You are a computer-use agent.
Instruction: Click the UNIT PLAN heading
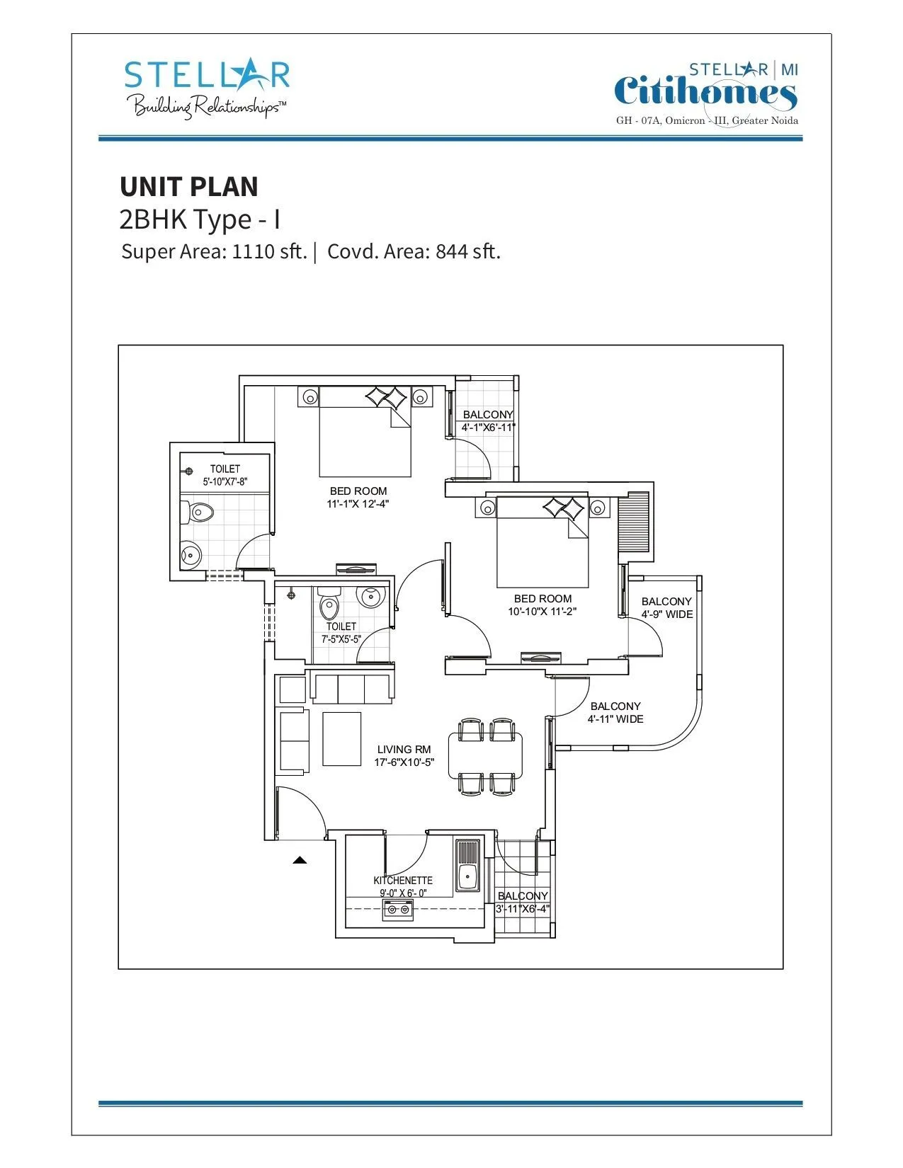[189, 187]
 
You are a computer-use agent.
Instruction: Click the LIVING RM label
[404, 750]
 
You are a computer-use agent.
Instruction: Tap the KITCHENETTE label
[403, 881]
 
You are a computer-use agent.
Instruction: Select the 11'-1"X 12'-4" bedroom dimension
[358, 504]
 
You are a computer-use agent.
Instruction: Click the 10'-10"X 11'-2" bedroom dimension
[543, 612]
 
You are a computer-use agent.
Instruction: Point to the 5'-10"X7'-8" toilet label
[225, 482]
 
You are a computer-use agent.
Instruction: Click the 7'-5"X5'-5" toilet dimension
[341, 639]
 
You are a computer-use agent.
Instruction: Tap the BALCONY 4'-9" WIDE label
[667, 608]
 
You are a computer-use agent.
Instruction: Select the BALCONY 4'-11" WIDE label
[615, 713]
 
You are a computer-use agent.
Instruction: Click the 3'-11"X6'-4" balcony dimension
[523, 910]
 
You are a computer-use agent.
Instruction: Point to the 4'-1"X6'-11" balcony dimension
[488, 428]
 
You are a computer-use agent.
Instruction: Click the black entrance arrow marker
[300, 861]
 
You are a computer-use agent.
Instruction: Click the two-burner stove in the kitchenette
[397, 910]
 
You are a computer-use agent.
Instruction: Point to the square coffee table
[341, 739]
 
